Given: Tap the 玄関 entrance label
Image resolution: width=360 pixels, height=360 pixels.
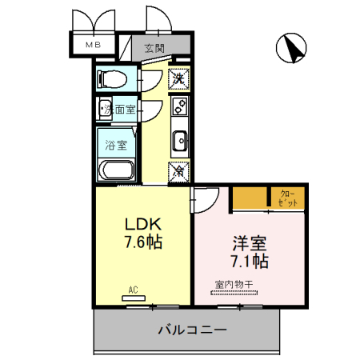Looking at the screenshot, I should pyautogui.click(x=154, y=48).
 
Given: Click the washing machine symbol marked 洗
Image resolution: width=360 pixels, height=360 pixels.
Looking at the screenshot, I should pyautogui.click(x=179, y=78).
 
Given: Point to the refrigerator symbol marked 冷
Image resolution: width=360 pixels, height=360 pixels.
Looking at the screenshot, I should pyautogui.click(x=179, y=170).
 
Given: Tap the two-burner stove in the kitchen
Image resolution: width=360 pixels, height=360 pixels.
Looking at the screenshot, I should pyautogui.click(x=179, y=105).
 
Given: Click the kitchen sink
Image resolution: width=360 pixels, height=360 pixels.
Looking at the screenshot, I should pyautogui.click(x=179, y=139).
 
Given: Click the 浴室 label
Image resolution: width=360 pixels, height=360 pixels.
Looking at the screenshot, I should pyautogui.click(x=117, y=145).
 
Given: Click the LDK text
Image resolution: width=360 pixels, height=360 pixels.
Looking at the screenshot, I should pyautogui.click(x=143, y=224).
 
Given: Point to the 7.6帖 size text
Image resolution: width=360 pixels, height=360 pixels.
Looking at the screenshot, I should pyautogui.click(x=143, y=242).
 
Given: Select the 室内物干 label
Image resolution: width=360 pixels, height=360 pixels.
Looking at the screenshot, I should pyautogui.click(x=233, y=283).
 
